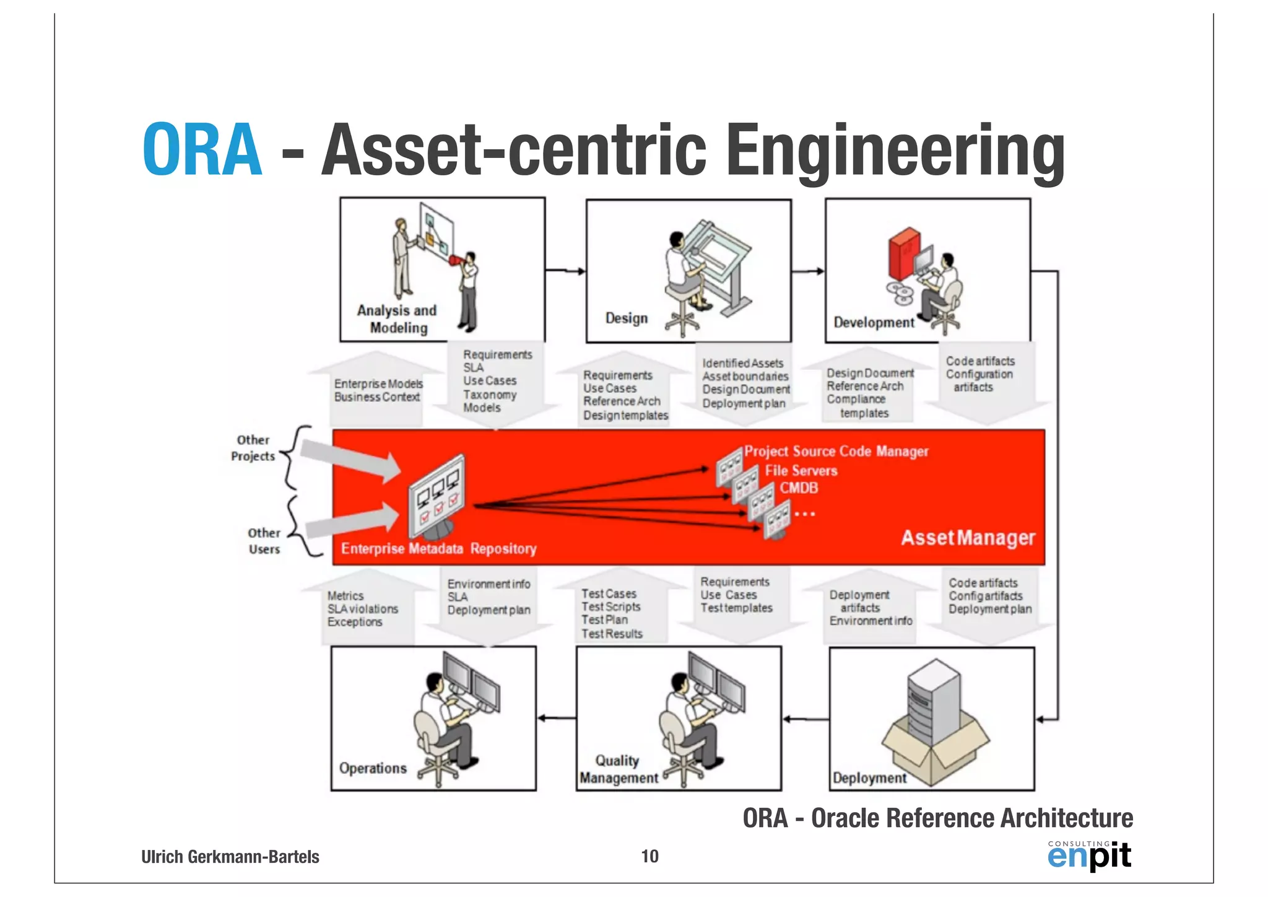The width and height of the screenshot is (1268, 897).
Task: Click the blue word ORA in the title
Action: click(x=202, y=150)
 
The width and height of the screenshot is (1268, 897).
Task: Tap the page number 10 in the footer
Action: click(x=649, y=856)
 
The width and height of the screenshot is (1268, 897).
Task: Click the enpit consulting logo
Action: click(x=1089, y=855)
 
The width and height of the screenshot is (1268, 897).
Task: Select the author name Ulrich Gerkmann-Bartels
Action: click(x=230, y=857)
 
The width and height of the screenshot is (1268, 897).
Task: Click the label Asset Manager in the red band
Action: click(x=968, y=538)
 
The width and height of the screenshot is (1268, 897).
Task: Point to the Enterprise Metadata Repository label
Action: click(x=438, y=549)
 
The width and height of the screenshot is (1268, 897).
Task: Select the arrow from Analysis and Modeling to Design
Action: click(x=565, y=271)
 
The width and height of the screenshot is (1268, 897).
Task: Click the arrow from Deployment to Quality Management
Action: click(x=805, y=719)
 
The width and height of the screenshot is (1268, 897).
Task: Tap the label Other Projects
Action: click(x=253, y=448)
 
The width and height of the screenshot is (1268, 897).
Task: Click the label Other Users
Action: click(x=264, y=541)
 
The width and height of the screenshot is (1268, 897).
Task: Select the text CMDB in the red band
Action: click(x=799, y=488)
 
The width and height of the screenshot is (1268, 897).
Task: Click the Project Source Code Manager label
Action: click(x=836, y=451)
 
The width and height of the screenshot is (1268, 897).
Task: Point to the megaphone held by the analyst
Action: click(x=456, y=260)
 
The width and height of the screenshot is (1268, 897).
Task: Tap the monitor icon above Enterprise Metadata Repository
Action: click(x=437, y=496)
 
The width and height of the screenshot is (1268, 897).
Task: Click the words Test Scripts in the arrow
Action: click(x=610, y=607)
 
